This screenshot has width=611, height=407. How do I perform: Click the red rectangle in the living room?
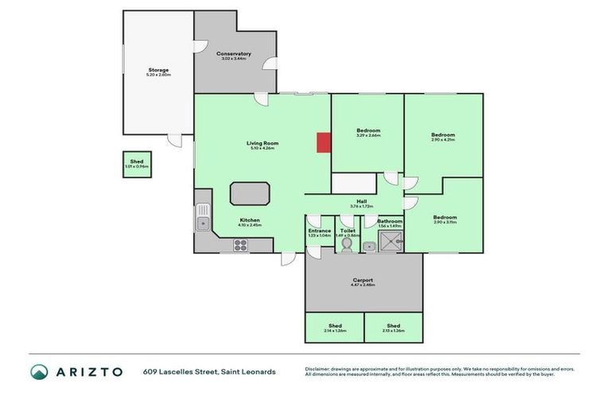tap(323, 142)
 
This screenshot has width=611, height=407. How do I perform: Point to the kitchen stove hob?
tap(241, 246)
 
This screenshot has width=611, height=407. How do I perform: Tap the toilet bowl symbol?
tap(347, 246)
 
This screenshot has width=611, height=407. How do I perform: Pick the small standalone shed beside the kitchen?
tap(137, 164)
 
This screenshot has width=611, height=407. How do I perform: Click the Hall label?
tap(361, 203)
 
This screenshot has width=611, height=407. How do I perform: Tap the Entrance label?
tap(319, 232)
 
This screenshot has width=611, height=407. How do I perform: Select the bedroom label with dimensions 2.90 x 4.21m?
tap(442, 136)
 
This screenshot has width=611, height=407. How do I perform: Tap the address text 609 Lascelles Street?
tap(187, 371)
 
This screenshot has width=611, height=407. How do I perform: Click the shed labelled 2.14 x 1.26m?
tap(334, 327)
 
